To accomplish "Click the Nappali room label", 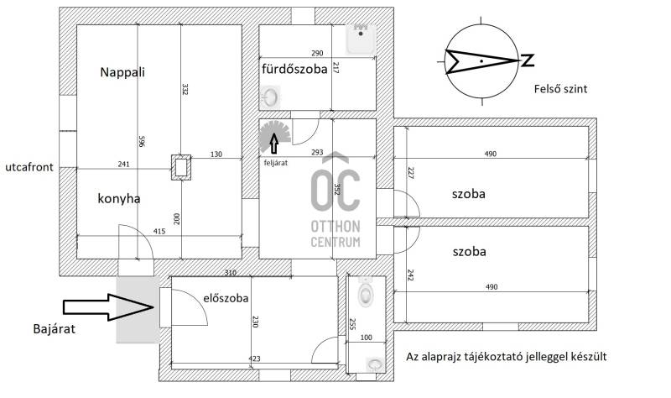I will [x=122, y=72].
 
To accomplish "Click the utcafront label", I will [x=28, y=167].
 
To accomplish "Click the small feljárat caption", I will [x=275, y=163].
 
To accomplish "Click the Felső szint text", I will [x=558, y=89].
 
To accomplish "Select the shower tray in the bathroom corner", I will [x=362, y=38].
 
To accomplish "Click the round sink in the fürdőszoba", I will [x=270, y=97].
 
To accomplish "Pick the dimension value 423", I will [x=254, y=359].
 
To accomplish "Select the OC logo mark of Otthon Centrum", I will [x=335, y=182].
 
